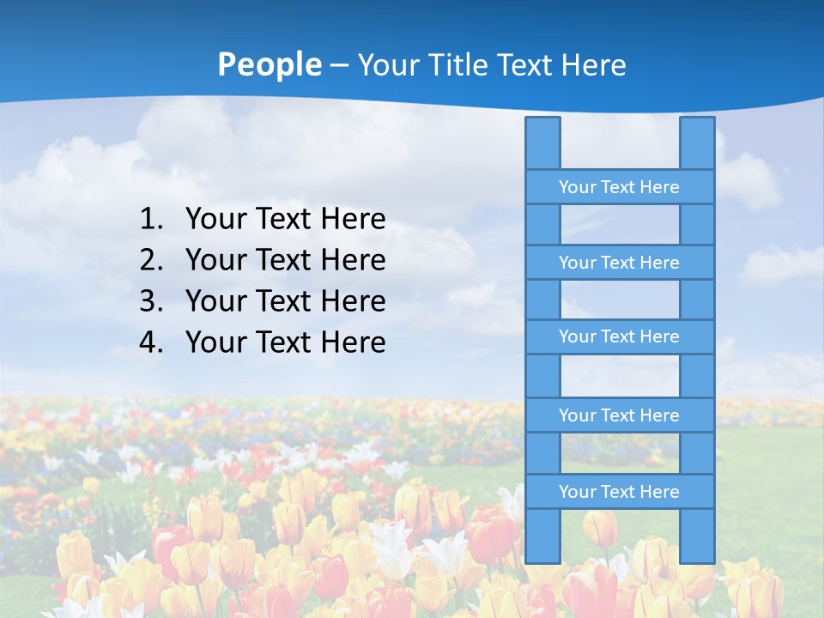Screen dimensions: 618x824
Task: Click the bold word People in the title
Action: [x=269, y=64]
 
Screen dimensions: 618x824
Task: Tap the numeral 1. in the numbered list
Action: [x=151, y=220]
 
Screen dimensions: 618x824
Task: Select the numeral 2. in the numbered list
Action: [x=151, y=260]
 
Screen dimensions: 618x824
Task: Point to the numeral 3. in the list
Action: [x=151, y=301]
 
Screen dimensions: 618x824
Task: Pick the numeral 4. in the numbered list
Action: [x=151, y=342]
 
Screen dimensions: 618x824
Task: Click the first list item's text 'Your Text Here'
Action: [x=285, y=220]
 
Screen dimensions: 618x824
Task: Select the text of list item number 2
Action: [x=285, y=260]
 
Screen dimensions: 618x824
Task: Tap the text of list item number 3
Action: [x=285, y=301]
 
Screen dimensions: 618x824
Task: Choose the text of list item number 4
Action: [x=285, y=342]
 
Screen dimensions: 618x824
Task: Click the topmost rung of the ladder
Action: [x=619, y=187]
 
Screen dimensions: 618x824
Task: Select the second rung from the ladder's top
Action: [x=619, y=263]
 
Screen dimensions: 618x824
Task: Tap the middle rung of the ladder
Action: [x=619, y=337]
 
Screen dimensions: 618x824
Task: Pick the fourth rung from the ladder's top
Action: [x=619, y=415]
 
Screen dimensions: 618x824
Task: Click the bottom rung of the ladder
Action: [x=619, y=492]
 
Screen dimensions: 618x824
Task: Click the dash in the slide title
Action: [x=339, y=65]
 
